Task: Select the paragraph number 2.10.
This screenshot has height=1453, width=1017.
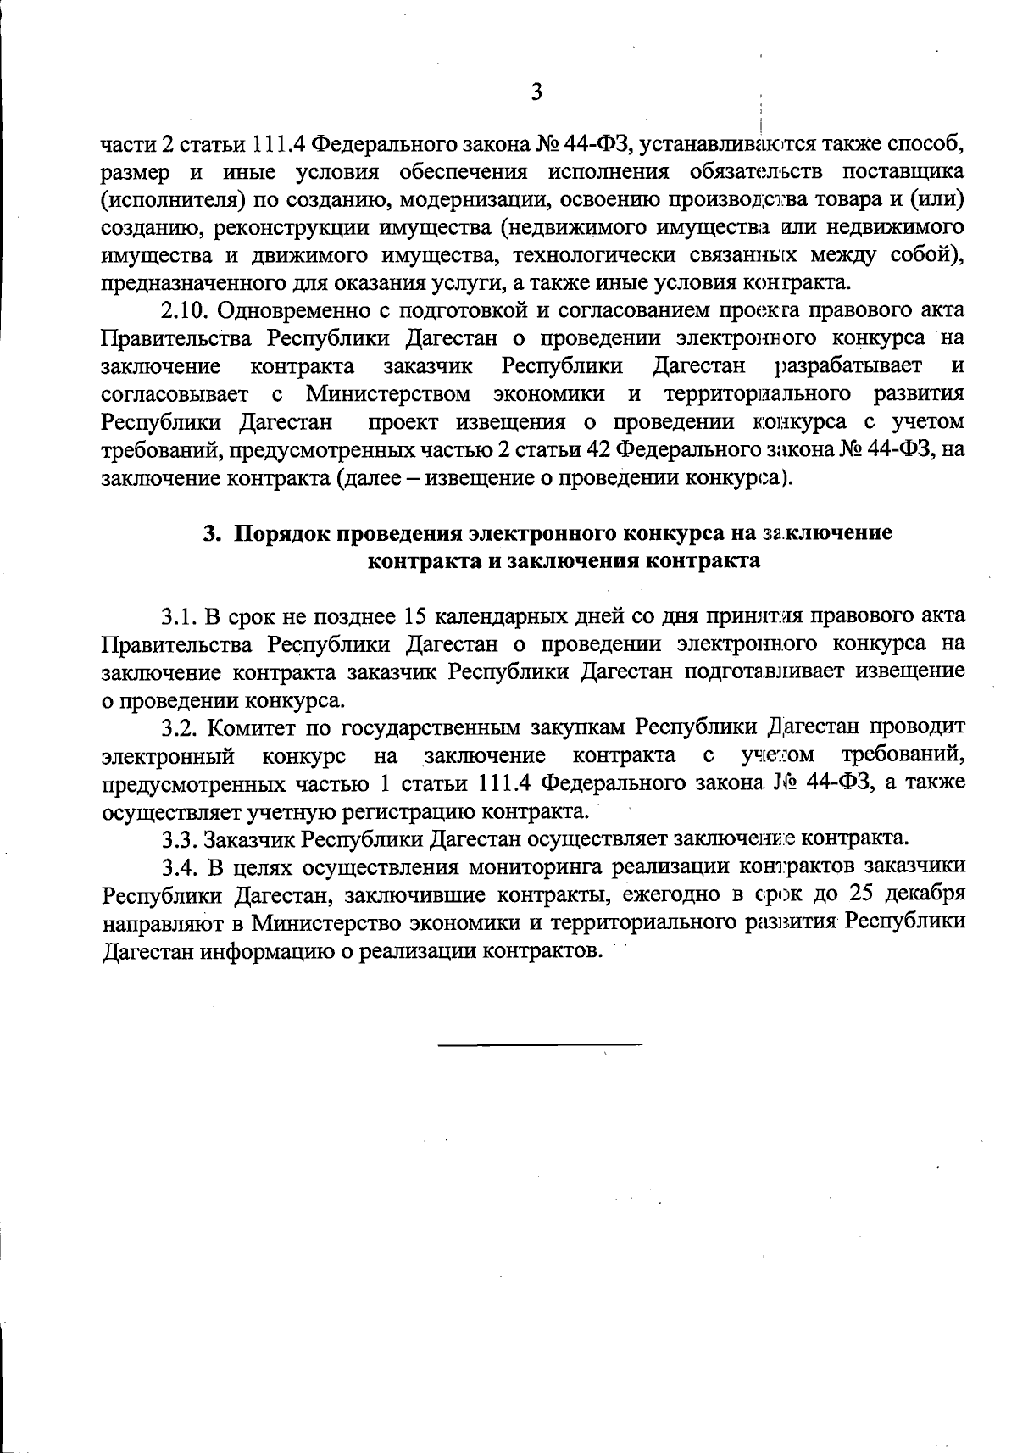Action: click(x=186, y=310)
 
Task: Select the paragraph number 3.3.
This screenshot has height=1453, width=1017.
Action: click(x=180, y=839)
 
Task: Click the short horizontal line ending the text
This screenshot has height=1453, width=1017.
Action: click(x=540, y=1043)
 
